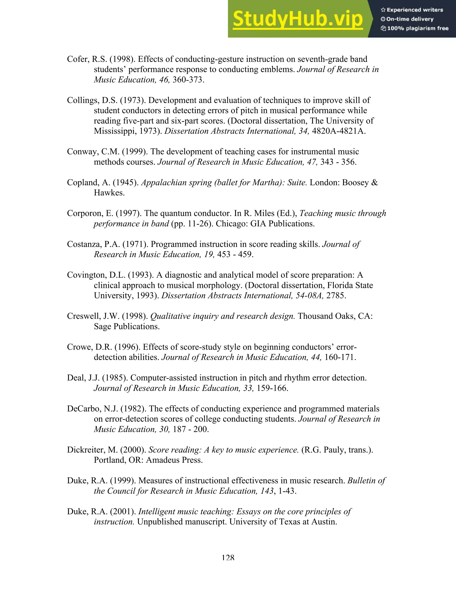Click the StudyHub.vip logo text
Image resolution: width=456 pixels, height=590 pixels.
tap(297, 19)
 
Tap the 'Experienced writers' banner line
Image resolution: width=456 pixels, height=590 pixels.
tap(412, 10)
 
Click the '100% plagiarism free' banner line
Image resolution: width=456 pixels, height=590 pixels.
tap(415, 28)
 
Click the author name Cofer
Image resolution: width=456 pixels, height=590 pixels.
tap(77, 59)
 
